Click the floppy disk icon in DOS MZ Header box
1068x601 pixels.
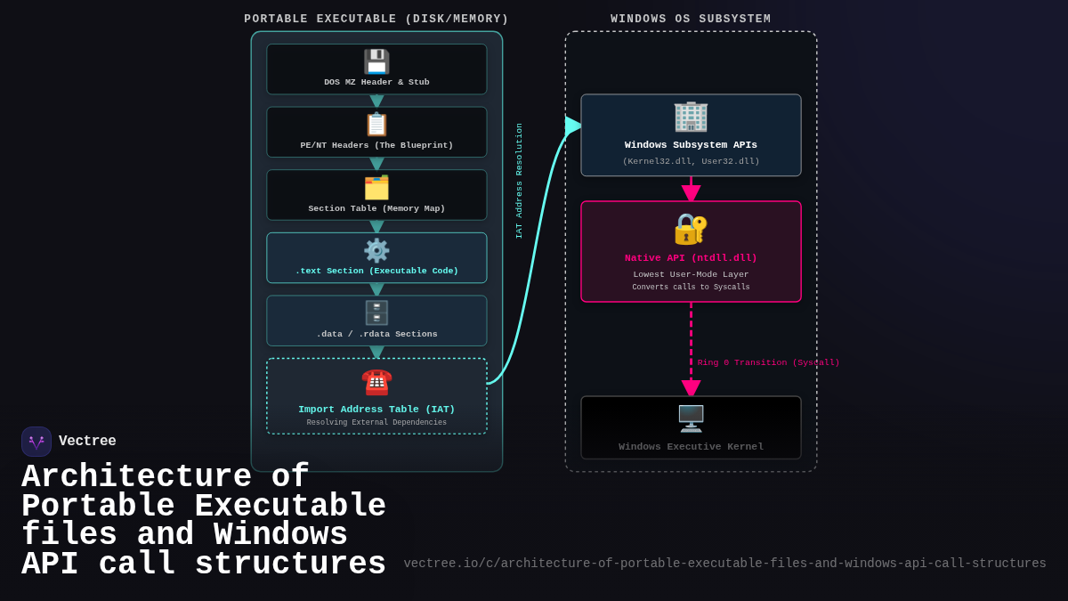(x=376, y=61)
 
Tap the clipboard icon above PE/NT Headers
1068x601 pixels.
(x=376, y=125)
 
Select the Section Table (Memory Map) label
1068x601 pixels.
(x=376, y=208)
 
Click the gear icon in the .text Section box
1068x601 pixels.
(x=376, y=250)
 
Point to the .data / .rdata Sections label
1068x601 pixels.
(x=376, y=334)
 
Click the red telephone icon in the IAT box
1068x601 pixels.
(x=376, y=382)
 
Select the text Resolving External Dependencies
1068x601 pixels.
(x=376, y=423)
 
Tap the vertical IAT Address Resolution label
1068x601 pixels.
(x=519, y=181)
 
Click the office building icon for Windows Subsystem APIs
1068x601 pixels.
(x=691, y=117)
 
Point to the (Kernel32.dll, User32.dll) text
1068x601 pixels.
(x=691, y=161)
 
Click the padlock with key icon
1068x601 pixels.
(x=691, y=229)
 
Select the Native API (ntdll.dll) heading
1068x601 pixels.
(x=691, y=258)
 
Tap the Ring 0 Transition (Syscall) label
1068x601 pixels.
(x=768, y=362)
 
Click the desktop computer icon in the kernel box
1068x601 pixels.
(x=691, y=418)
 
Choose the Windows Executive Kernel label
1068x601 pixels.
(x=691, y=447)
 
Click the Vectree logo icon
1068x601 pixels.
(x=36, y=442)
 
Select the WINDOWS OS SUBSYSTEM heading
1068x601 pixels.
(x=691, y=20)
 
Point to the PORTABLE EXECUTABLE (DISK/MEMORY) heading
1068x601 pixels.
(x=376, y=20)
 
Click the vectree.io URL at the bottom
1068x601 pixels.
(x=724, y=564)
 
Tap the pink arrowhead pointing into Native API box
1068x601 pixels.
(x=691, y=193)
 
